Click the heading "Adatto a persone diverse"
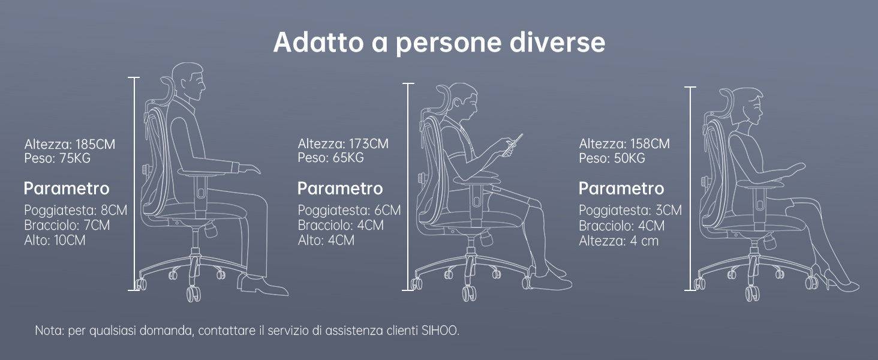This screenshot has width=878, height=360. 439,43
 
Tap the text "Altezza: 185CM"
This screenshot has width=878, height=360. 70,145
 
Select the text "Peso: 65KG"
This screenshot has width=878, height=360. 330,158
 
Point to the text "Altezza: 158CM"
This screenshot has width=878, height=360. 624,144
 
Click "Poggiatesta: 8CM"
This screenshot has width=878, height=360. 76,211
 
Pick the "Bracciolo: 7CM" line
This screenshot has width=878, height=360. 67,226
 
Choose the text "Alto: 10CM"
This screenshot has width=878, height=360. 55,241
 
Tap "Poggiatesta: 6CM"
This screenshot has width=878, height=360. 349,211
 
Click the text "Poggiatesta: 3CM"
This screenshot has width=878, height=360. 630,211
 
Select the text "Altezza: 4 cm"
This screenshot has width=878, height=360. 618,241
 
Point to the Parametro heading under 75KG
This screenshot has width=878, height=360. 67,188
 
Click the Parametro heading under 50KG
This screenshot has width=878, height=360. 621,188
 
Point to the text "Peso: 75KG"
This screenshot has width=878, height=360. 58,158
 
